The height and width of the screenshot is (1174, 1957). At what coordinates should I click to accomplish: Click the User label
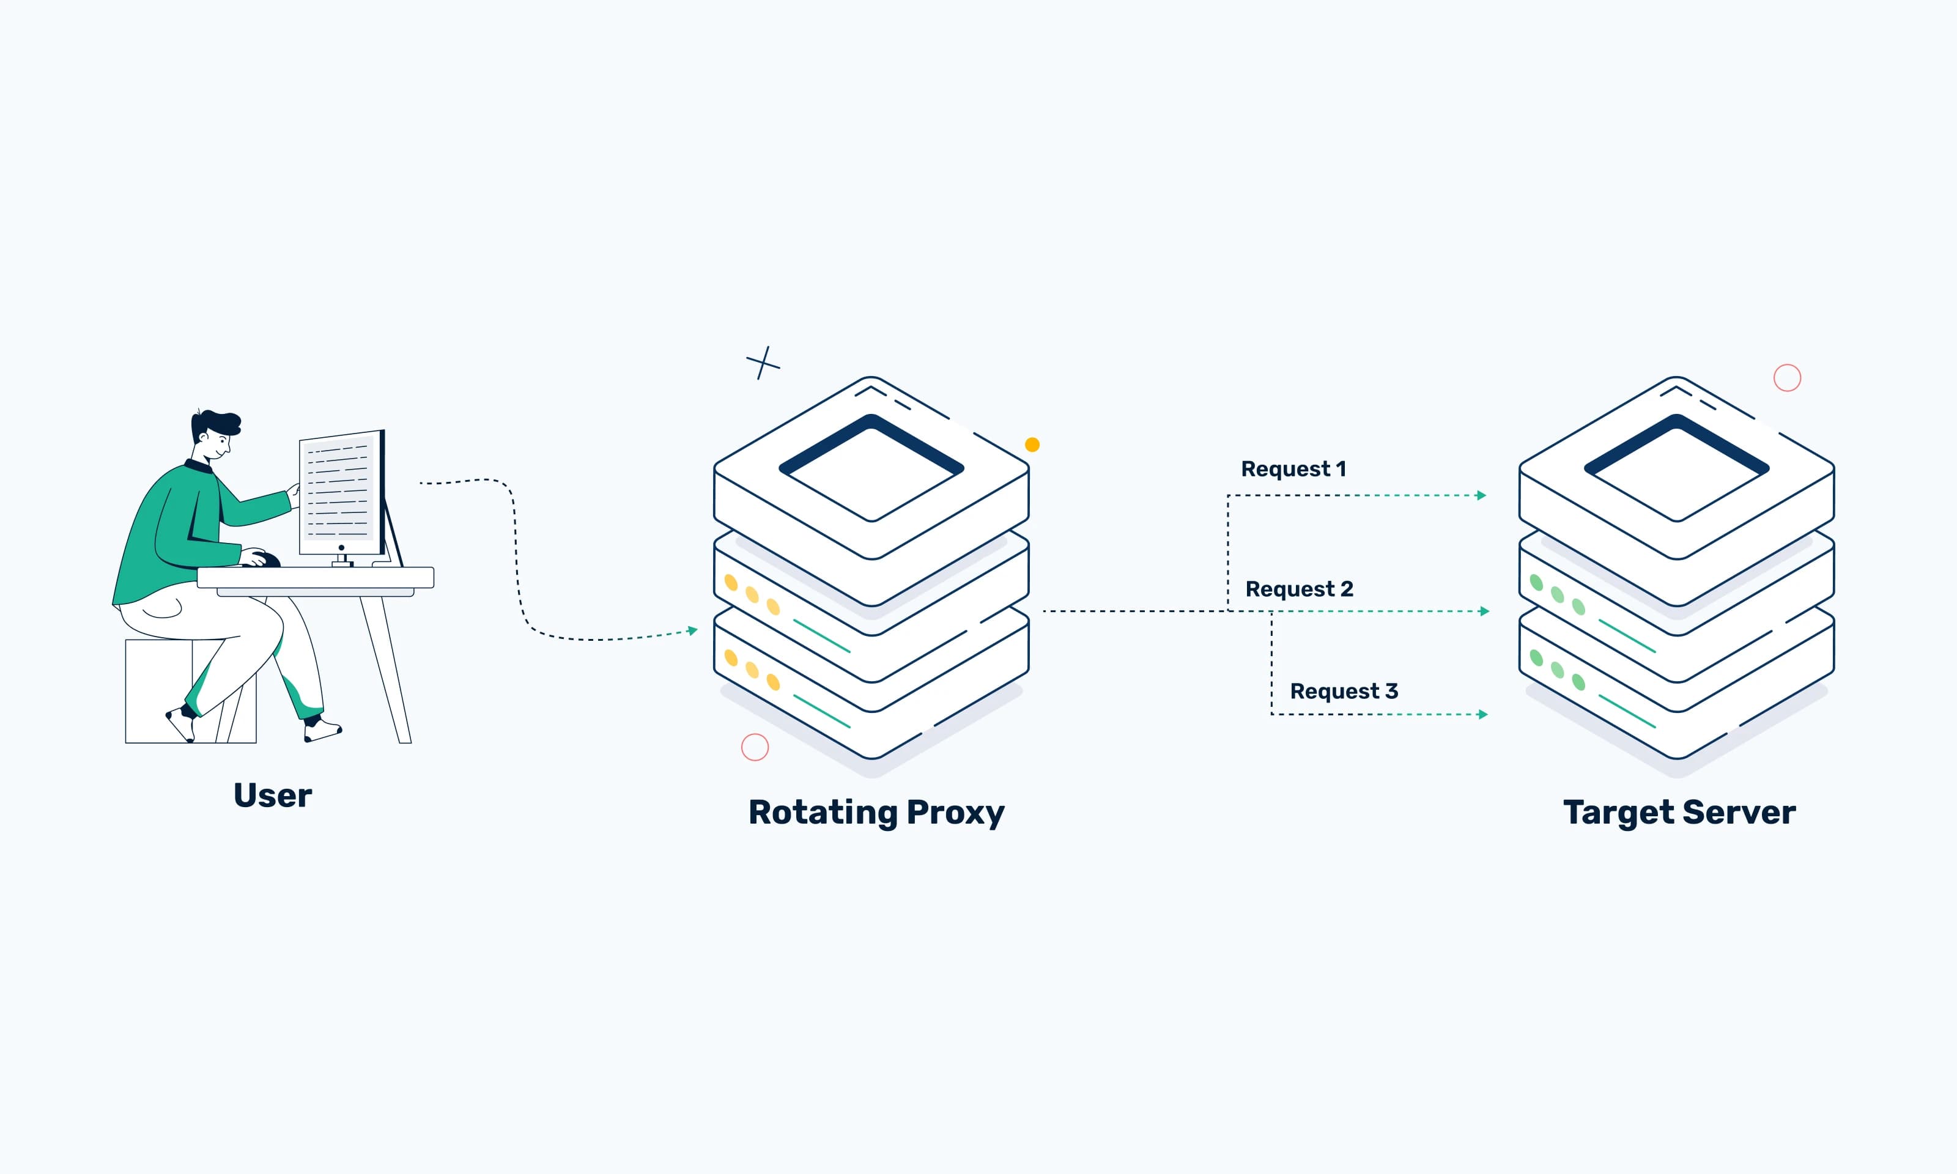click(272, 795)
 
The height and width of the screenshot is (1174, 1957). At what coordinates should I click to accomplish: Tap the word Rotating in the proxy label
click(823, 813)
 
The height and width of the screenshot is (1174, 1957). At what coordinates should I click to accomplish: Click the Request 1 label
click(1293, 469)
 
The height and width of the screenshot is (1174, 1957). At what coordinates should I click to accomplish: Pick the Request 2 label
click(1299, 589)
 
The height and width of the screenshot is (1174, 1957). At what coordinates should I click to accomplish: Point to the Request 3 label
click(1343, 692)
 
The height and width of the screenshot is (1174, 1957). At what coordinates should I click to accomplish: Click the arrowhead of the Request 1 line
click(1482, 495)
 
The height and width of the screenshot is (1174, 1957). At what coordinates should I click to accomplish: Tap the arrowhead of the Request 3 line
click(1483, 714)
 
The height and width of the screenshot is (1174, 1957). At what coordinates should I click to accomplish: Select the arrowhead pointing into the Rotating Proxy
click(693, 630)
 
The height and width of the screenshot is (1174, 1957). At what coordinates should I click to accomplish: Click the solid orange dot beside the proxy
click(1032, 445)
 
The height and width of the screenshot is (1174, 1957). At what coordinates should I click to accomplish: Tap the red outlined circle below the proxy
click(755, 747)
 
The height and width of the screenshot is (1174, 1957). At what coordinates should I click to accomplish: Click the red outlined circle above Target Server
click(1787, 377)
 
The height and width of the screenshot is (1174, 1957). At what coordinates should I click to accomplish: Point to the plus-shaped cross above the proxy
click(763, 363)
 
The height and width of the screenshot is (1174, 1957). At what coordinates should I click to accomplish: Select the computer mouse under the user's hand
click(267, 560)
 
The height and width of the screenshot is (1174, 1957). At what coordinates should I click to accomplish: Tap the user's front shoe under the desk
click(321, 730)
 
